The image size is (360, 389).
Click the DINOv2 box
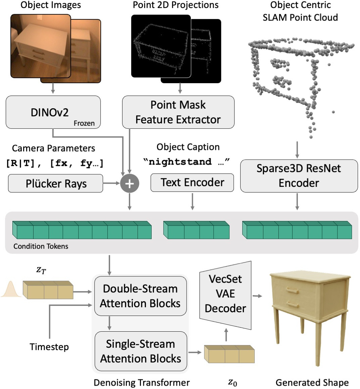tap(53, 112)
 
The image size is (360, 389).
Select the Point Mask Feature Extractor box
tap(178, 112)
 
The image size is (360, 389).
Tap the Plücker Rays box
tap(56, 183)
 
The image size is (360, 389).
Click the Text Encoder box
tap(192, 182)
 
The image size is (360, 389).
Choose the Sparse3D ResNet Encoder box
tap(299, 175)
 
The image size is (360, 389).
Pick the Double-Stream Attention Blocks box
tap(140, 296)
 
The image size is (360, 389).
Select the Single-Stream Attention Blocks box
tap(140, 351)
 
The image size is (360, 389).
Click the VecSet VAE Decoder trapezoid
tap(225, 294)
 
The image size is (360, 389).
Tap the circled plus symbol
tap(130, 183)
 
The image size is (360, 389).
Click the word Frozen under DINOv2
tap(84, 123)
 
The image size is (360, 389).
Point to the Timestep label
tap(49, 347)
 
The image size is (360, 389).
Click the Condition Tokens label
tap(41, 246)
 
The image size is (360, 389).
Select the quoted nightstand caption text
tap(187, 162)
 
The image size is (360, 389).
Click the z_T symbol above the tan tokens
tap(41, 270)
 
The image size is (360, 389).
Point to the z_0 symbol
tap(233, 382)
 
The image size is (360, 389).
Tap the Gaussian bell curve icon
tap(11, 289)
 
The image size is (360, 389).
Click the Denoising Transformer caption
tap(142, 383)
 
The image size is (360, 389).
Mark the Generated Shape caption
tap(312, 383)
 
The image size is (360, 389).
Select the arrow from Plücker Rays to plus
tap(111, 183)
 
